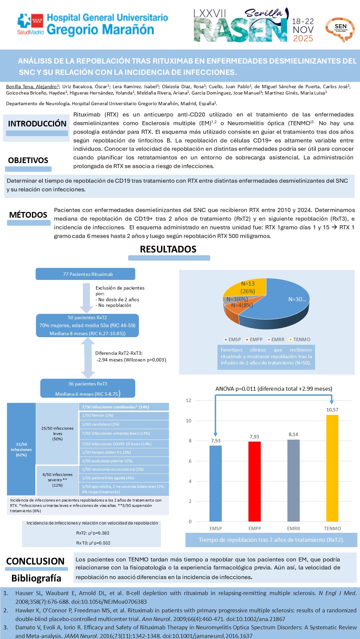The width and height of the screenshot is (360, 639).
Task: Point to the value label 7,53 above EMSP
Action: coord(215,441)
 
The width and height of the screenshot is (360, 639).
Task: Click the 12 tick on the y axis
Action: coord(188,400)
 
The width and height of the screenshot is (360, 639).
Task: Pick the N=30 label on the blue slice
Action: coord(297,299)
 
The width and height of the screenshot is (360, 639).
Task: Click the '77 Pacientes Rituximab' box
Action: coord(85,274)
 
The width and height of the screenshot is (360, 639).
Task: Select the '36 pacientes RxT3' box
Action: coord(88,388)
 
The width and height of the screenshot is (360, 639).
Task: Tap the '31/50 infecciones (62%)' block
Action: coord(21,449)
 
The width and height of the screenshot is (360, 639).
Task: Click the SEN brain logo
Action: coord(340,29)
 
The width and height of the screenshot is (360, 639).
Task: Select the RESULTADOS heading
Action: coord(168,249)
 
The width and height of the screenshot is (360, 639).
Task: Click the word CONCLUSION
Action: coord(35,561)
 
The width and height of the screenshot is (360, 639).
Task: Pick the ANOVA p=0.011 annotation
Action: coord(273,389)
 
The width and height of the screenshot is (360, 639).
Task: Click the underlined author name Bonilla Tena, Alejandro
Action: coord(32,87)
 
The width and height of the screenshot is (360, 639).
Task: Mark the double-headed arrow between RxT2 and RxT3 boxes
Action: coord(88,358)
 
